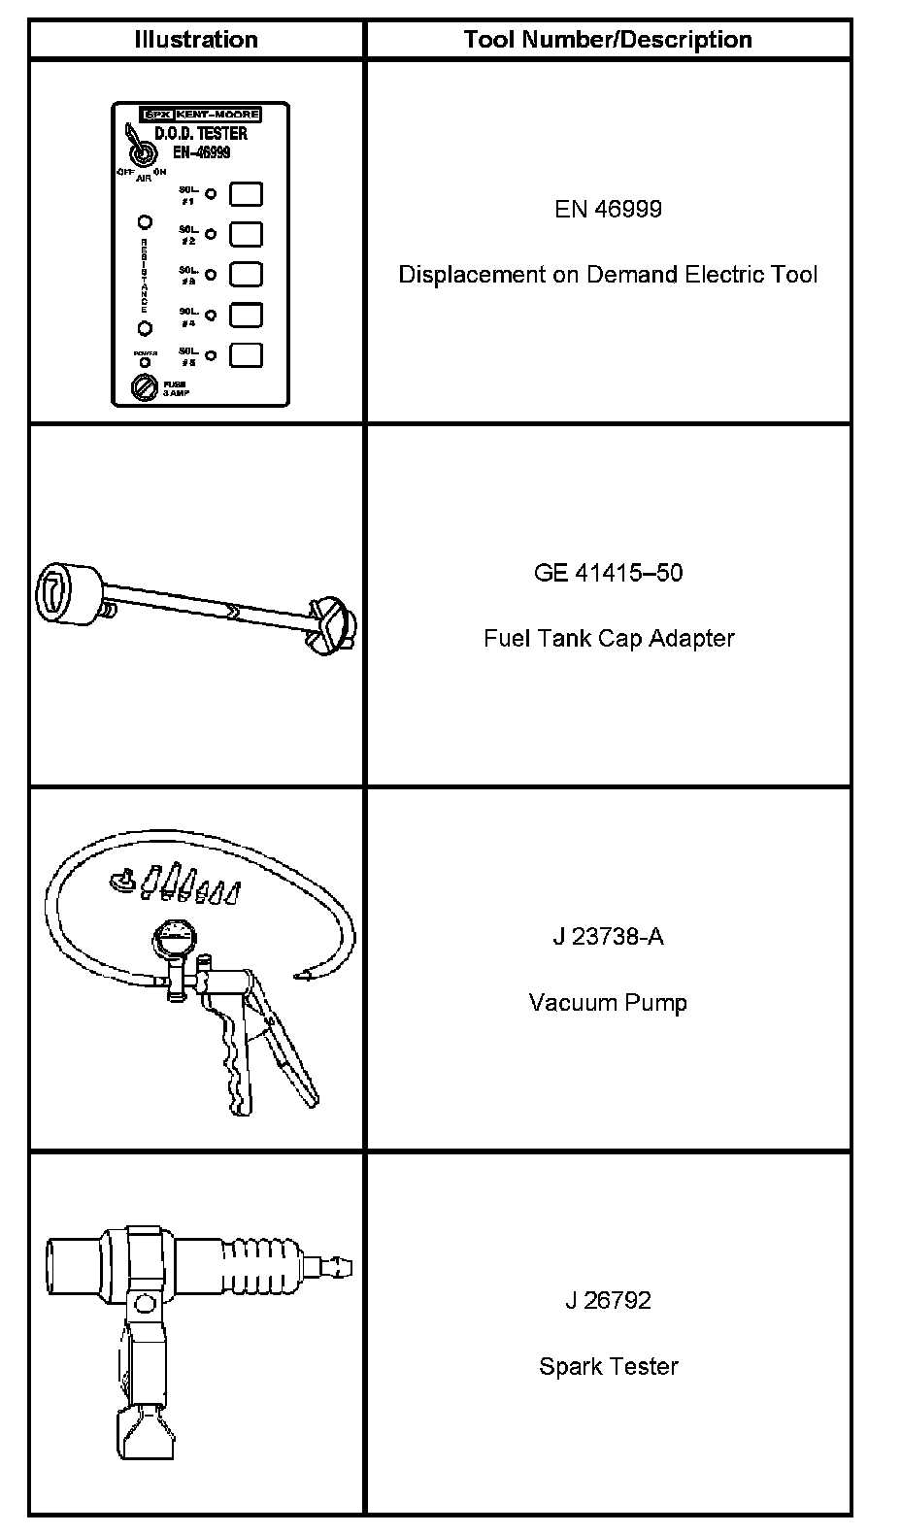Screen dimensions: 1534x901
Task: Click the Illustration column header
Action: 196,40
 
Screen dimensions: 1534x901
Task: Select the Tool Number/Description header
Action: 608,40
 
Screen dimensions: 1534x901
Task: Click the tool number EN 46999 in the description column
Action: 608,209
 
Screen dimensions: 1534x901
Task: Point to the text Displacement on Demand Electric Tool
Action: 608,275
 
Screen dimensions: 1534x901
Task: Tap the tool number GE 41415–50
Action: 608,572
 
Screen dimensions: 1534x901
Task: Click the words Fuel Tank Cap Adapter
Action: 608,638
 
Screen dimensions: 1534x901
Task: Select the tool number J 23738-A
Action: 608,937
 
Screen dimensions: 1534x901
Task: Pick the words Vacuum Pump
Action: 608,1002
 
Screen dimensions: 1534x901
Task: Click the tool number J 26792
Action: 608,1300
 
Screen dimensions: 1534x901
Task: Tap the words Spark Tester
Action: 608,1366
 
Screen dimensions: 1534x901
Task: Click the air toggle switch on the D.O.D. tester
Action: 141,154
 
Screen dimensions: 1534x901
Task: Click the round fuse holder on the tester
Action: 144,390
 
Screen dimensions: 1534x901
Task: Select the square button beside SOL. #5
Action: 246,354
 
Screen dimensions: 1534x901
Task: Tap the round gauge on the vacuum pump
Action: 175,941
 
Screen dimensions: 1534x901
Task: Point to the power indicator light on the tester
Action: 144,362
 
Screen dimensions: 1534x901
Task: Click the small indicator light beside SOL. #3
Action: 209,275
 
